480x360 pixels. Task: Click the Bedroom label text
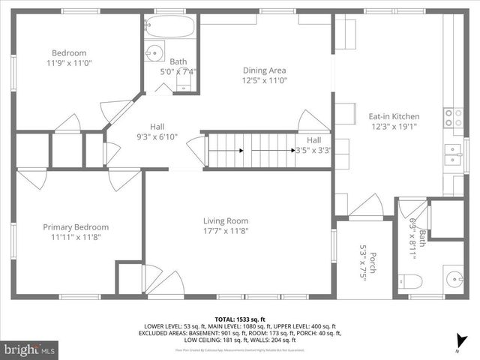(69, 53)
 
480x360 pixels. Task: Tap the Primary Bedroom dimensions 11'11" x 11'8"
(75, 237)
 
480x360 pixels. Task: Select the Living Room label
(226, 220)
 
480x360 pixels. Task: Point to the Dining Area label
(264, 70)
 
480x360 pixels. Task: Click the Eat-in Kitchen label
(394, 116)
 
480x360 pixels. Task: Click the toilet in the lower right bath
(410, 281)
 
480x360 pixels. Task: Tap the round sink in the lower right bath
(452, 280)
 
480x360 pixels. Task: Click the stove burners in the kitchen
(454, 116)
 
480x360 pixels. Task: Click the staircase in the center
(251, 149)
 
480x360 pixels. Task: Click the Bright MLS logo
(30, 349)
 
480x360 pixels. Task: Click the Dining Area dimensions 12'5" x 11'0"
(264, 80)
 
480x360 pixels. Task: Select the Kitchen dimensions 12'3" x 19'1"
(394, 127)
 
